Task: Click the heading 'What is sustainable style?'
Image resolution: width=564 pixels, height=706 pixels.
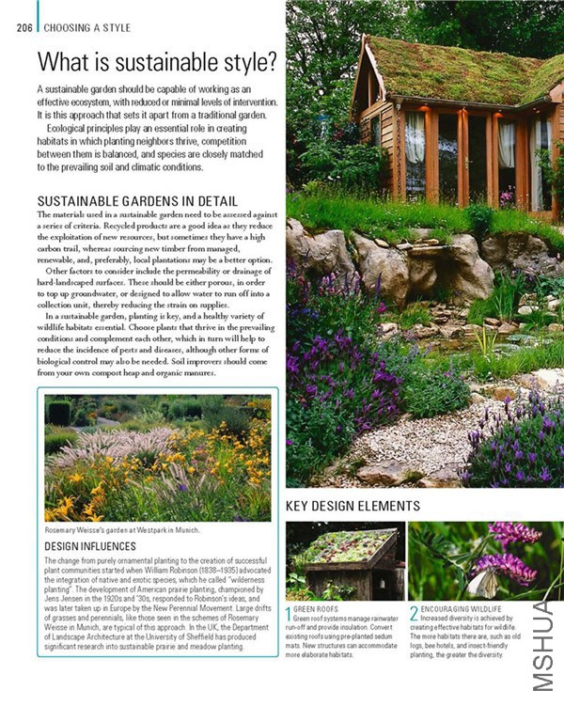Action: (156, 62)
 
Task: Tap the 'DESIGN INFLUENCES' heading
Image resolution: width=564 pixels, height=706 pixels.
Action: (90, 546)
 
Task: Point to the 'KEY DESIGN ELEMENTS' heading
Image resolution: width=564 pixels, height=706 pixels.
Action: (352, 507)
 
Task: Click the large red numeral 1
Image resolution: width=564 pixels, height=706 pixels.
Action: (290, 616)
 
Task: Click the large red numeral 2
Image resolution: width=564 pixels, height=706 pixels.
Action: (414, 616)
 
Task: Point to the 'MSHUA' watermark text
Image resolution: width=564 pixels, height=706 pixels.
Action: (546, 650)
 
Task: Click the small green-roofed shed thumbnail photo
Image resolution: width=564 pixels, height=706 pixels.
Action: (345, 561)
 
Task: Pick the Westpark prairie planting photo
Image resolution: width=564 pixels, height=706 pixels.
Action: (158, 458)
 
